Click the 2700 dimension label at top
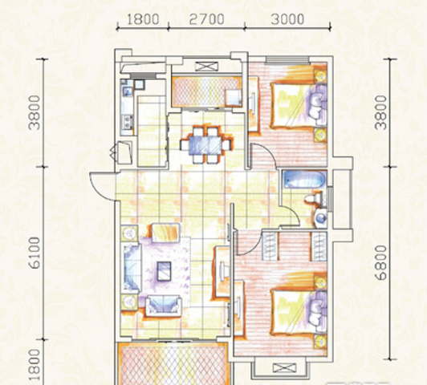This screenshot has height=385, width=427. [207, 19]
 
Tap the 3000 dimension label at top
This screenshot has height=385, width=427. [287, 19]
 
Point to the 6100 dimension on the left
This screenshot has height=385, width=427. [35, 253]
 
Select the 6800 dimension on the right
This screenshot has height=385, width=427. [380, 262]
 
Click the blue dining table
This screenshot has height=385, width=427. [205, 145]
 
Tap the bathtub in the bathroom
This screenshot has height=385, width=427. [304, 179]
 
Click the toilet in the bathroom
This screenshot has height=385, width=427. [315, 197]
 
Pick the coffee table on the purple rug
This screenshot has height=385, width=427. [165, 271]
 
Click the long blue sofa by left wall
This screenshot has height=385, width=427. [132, 267]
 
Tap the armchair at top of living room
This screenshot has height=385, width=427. [165, 233]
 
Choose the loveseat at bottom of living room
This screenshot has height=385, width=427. [164, 306]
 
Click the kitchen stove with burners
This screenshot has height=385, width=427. [127, 122]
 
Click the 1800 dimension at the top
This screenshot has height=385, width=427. [142, 19]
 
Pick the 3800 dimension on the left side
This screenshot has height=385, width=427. [35, 112]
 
